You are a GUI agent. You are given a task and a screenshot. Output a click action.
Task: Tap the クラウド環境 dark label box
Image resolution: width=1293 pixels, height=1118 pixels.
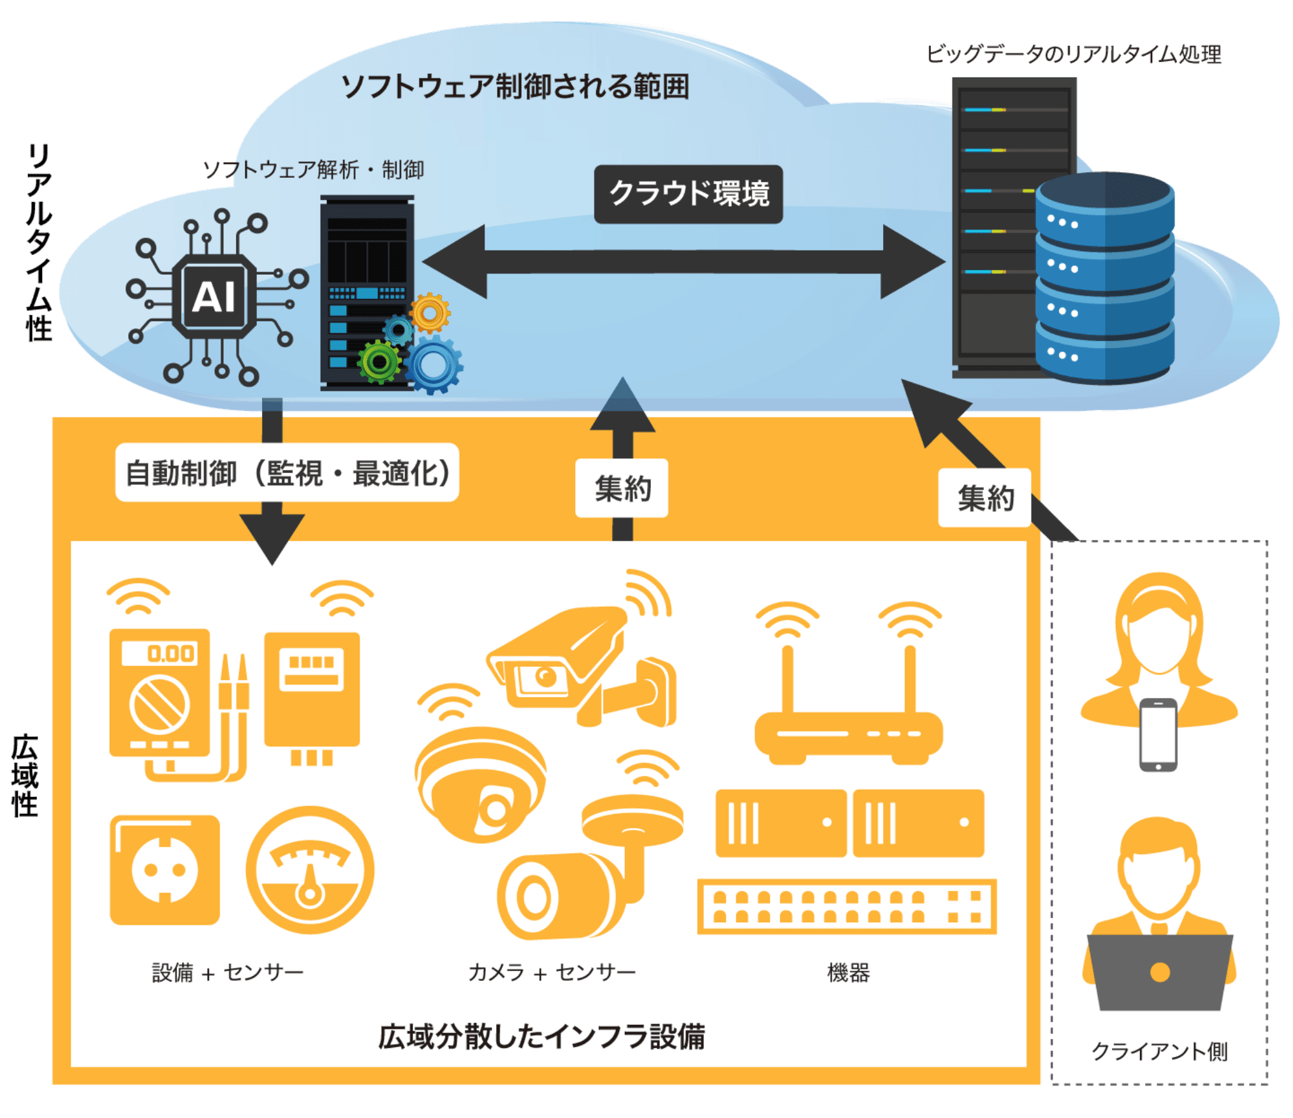pos(688,194)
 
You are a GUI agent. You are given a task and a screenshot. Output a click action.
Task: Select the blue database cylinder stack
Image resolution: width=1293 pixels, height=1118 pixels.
pos(1104,280)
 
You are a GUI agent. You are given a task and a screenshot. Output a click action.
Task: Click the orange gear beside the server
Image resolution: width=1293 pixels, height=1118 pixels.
pos(430,313)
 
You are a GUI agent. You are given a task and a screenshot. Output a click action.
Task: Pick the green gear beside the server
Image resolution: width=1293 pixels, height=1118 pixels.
pos(379,362)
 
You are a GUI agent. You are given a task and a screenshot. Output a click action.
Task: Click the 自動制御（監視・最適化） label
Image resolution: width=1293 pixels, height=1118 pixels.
pos(287,473)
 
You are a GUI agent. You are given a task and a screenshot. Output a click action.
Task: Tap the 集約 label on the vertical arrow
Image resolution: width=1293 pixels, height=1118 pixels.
pos(622,488)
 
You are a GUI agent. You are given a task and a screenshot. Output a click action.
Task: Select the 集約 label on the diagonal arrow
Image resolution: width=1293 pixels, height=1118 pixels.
pos(984,498)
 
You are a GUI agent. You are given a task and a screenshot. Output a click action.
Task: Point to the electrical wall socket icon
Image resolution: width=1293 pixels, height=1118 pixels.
pos(164,870)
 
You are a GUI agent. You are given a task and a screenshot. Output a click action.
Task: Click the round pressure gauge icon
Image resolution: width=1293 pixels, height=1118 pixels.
pos(310,870)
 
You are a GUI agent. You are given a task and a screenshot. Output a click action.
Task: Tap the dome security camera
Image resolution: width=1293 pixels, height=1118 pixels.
pos(480,784)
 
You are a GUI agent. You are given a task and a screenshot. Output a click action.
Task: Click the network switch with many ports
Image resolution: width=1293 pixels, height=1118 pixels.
pos(846,906)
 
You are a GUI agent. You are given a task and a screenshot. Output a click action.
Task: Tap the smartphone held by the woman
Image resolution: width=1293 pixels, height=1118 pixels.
pos(1158,734)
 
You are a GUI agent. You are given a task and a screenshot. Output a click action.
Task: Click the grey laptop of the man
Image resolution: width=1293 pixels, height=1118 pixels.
pos(1159,972)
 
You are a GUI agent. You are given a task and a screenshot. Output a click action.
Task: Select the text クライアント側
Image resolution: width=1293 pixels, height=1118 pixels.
pos(1159,1051)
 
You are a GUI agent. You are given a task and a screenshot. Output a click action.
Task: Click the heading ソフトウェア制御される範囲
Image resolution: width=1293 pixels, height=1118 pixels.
pos(515,86)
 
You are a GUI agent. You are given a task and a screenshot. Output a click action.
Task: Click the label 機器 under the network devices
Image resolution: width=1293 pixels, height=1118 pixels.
pos(848,973)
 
